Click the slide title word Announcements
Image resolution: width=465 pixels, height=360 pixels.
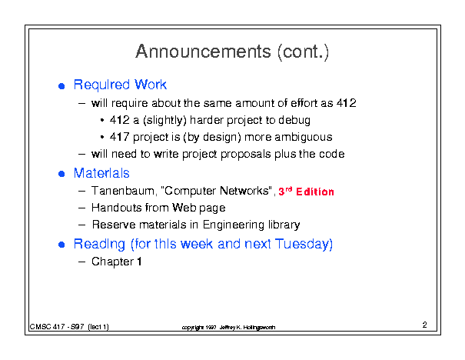204,52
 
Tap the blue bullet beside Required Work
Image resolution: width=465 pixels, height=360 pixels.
61,86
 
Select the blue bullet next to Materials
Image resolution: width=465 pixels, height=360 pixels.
61,174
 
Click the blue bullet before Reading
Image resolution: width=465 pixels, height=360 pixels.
61,245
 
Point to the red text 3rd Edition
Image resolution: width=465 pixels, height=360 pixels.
306,192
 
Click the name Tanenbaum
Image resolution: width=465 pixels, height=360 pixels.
123,191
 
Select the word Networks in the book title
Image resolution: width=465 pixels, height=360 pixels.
244,191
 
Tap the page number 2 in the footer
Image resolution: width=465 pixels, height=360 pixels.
425,325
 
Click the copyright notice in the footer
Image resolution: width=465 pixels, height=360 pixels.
228,328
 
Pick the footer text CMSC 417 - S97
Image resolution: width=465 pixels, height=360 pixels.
57,327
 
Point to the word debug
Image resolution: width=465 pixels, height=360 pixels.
294,121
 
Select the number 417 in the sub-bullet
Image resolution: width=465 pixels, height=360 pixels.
119,137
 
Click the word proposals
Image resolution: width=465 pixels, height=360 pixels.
246,155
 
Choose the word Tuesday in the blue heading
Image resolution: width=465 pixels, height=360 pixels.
304,245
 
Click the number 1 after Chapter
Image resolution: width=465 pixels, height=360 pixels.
139,262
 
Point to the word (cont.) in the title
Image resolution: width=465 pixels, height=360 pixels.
304,52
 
